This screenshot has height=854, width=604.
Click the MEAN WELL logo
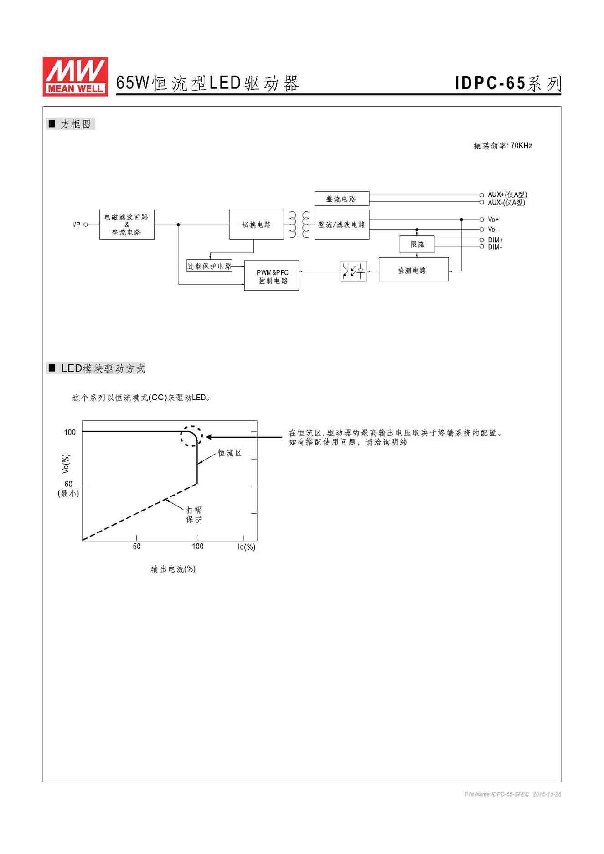[75, 77]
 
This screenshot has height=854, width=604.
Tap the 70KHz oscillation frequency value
[521, 146]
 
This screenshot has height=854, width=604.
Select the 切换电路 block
[256, 225]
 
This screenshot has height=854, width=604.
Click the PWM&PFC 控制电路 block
[272, 276]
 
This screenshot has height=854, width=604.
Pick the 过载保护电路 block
[209, 266]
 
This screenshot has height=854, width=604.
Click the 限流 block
[417, 245]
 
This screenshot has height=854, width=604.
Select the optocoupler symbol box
[353, 271]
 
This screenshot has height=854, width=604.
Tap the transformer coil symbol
[299, 225]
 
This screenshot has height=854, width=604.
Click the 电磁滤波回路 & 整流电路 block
[127, 225]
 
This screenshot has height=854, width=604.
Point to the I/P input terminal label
[76, 225]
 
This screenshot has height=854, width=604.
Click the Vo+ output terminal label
[493, 220]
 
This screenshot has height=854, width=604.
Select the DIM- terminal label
[495, 247]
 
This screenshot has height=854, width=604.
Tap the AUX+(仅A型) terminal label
[507, 194]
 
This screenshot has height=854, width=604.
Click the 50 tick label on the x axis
[137, 546]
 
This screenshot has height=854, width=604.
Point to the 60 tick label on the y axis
[68, 484]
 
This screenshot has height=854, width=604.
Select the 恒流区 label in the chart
[229, 453]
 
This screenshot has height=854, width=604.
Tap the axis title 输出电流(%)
[173, 569]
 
